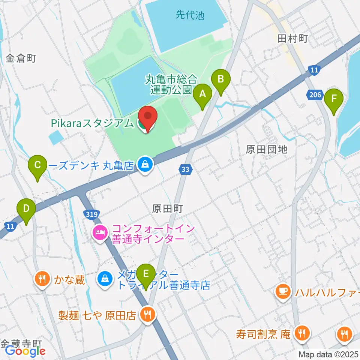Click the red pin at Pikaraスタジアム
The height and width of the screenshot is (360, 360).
pos(148,118)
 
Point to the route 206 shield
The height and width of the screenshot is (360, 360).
pos(316,95)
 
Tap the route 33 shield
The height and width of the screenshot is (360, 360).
pos(185,170)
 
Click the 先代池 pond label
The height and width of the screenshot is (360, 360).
pos(190,15)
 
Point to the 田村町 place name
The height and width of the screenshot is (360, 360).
pos(292,38)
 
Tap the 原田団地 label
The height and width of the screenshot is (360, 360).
pos(266,150)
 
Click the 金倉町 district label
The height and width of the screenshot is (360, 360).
pos(21,58)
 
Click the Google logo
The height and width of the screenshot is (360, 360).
pos(25,351)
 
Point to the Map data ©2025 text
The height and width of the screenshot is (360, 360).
pos(328,354)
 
